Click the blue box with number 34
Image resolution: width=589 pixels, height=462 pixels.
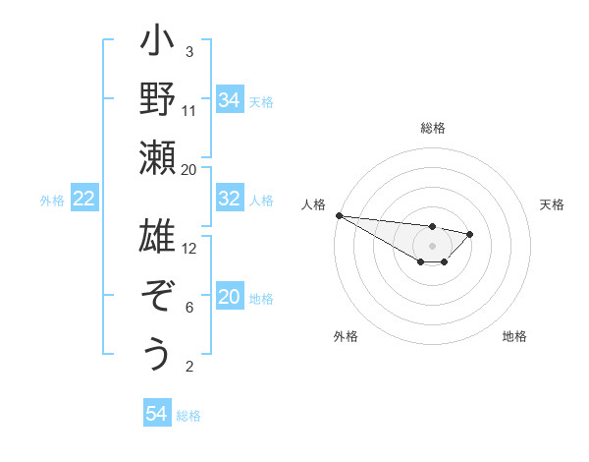tap(229, 100)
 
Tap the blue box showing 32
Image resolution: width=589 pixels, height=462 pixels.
tap(229, 200)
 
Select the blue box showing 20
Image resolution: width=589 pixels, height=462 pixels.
tap(229, 298)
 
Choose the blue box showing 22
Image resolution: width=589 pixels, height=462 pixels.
tap(83, 200)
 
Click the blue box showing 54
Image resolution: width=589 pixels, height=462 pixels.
tap(156, 414)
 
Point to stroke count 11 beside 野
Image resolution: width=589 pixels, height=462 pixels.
tap(189, 110)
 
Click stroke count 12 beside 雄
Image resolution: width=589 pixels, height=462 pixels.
tap(189, 248)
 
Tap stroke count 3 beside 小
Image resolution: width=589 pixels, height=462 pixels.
tap(189, 51)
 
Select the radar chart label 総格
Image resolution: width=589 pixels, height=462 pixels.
tap(433, 128)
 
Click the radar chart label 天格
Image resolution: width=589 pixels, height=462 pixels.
tap(553, 204)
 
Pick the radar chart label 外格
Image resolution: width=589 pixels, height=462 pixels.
tap(346, 336)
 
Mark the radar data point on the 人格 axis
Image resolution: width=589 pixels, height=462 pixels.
tap(339, 215)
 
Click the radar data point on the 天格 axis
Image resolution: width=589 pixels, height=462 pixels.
tap(470, 234)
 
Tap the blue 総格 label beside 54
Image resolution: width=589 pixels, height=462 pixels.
tap(188, 416)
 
